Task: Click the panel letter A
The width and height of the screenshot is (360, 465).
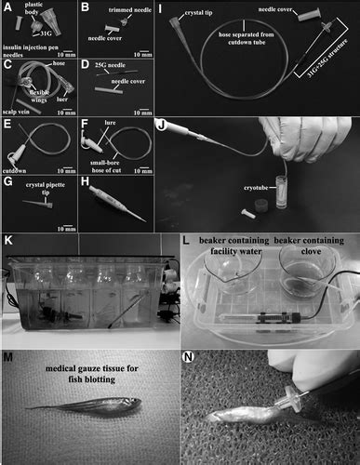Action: click(8, 8)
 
